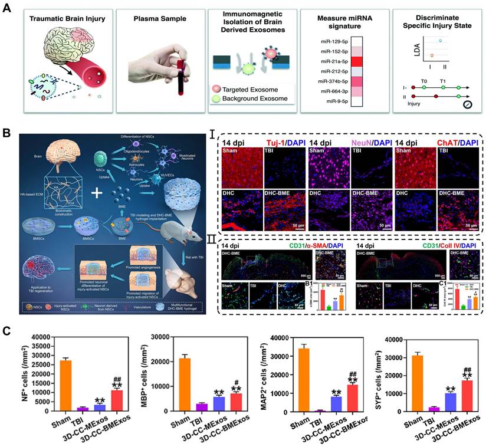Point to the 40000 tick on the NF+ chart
click(x=40, y=337)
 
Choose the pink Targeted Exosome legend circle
click(x=217, y=87)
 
